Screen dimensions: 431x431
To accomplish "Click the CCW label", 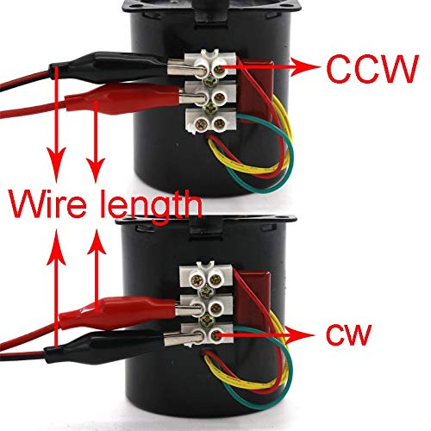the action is click(372, 68).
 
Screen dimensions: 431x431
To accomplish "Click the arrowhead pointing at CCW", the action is click(304, 68).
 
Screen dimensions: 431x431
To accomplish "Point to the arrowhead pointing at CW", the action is click(299, 335).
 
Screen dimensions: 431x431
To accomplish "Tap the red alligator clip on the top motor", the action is click(123, 100).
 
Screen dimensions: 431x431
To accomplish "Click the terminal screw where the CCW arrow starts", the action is click(220, 69).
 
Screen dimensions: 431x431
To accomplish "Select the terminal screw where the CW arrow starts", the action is click(215, 335).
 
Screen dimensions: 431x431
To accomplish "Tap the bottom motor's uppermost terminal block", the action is click(206, 277).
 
